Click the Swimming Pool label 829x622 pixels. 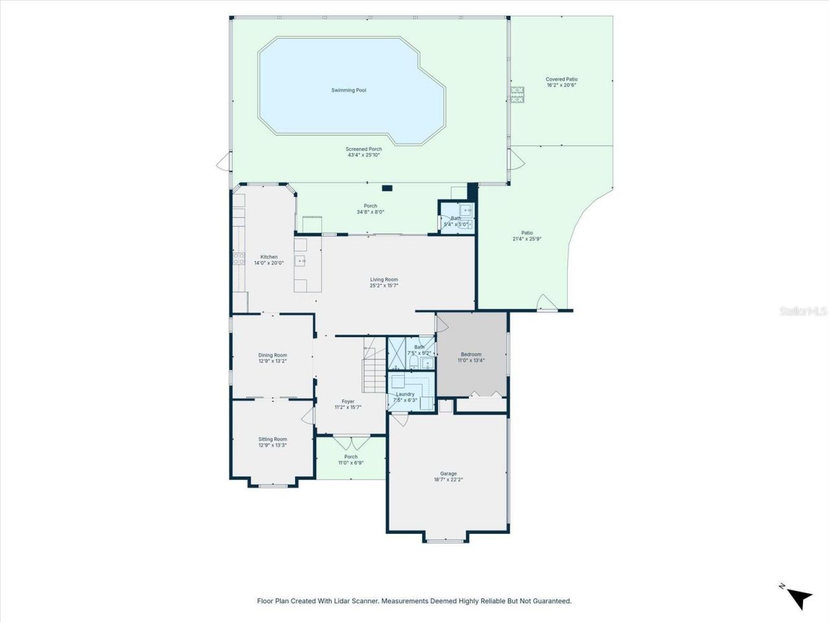tap(348, 90)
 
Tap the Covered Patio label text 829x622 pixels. tap(562, 79)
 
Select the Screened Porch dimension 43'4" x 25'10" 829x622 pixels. tap(363, 155)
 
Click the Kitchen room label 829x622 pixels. tap(269, 257)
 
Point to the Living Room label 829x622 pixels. tap(384, 280)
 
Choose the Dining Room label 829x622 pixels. tap(272, 355)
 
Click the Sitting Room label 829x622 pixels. tap(272, 439)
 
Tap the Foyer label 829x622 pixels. tap(348, 402)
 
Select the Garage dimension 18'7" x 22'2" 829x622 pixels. tap(448, 480)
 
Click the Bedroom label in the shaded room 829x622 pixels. tap(471, 354)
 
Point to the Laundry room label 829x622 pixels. tap(405, 394)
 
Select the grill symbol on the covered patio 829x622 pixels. tap(517, 95)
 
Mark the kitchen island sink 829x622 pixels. tap(301, 261)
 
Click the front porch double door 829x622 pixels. tap(351, 443)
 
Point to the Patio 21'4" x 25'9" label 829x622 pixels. tap(527, 236)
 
